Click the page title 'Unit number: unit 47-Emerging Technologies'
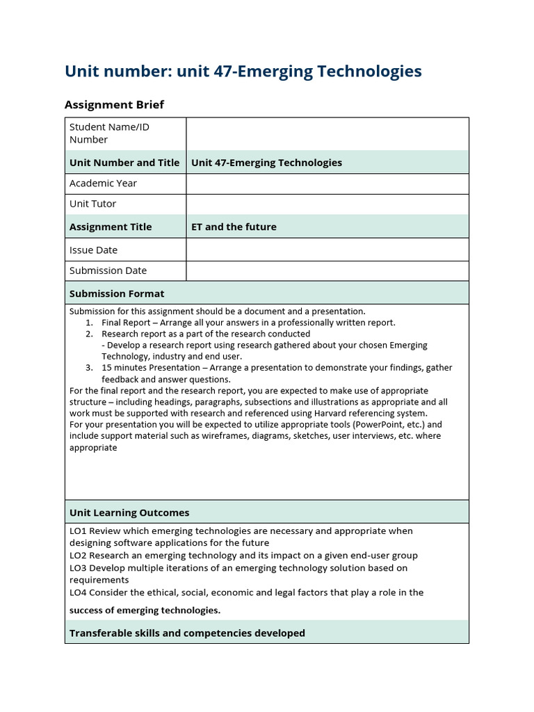click(243, 71)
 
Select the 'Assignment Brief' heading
click(114, 105)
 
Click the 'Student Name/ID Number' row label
click(109, 133)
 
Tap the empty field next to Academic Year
click(327, 184)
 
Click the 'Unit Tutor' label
click(92, 204)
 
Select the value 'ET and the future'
click(234, 227)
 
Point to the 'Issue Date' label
click(93, 250)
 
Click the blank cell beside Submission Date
click(327, 270)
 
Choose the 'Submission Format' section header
click(117, 293)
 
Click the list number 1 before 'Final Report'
click(89, 323)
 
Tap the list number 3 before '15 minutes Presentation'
click(89, 368)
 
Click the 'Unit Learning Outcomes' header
click(129, 512)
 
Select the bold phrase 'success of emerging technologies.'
click(145, 610)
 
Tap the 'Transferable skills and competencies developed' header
click(187, 633)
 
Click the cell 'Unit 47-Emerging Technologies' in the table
click(266, 163)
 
